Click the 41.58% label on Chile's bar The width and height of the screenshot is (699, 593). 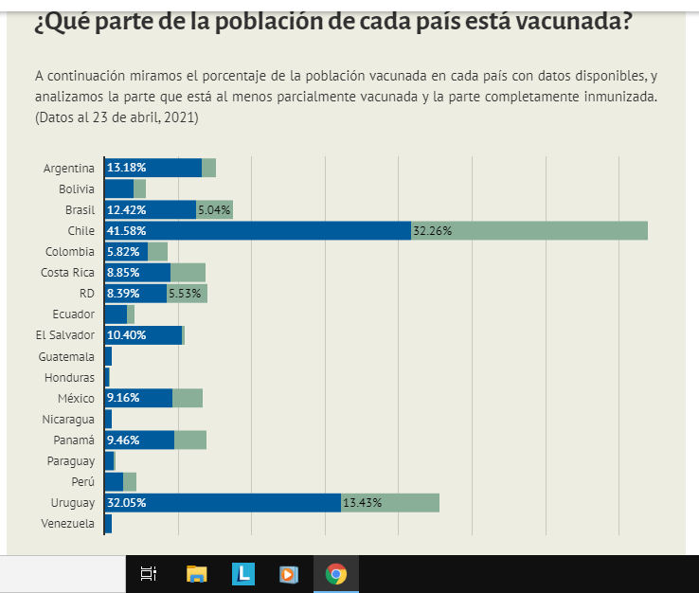pyautogui.click(x=127, y=230)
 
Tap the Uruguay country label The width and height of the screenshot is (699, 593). pyautogui.click(x=73, y=502)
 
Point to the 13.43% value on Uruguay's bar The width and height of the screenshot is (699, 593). pyautogui.click(x=363, y=502)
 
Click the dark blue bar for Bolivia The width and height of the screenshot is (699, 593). pyautogui.click(x=118, y=189)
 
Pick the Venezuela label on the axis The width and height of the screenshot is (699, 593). pyautogui.click(x=68, y=523)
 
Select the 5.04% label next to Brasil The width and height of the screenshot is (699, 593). pyautogui.click(x=214, y=209)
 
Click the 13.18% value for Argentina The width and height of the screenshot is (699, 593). pyautogui.click(x=126, y=168)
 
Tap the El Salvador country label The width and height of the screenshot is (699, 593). pyautogui.click(x=65, y=335)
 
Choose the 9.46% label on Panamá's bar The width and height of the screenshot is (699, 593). pyautogui.click(x=124, y=440)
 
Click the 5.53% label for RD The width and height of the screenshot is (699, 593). pyautogui.click(x=185, y=294)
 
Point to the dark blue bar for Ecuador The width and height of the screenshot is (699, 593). pyautogui.click(x=116, y=314)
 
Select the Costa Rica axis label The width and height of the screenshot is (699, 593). pyautogui.click(x=68, y=273)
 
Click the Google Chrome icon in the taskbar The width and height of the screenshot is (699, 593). pyautogui.click(x=335, y=574)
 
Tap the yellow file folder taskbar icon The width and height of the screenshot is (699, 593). pyautogui.click(x=197, y=574)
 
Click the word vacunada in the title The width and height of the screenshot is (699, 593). pyautogui.click(x=571, y=20)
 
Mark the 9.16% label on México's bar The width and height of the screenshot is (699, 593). pyautogui.click(x=124, y=398)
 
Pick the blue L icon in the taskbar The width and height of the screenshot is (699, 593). pyautogui.click(x=243, y=574)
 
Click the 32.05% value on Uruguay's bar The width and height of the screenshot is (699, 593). pyautogui.click(x=127, y=502)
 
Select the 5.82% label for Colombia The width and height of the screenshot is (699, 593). pyautogui.click(x=124, y=251)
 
